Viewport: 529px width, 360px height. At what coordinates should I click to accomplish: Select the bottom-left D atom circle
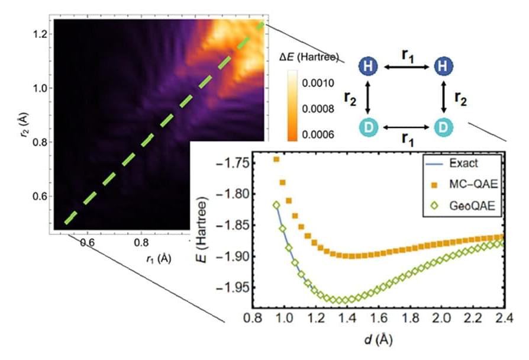368,127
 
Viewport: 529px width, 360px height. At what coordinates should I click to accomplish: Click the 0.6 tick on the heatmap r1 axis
87,242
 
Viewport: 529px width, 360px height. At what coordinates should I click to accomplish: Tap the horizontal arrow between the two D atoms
405,127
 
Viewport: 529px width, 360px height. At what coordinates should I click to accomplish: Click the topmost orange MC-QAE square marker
276,159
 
